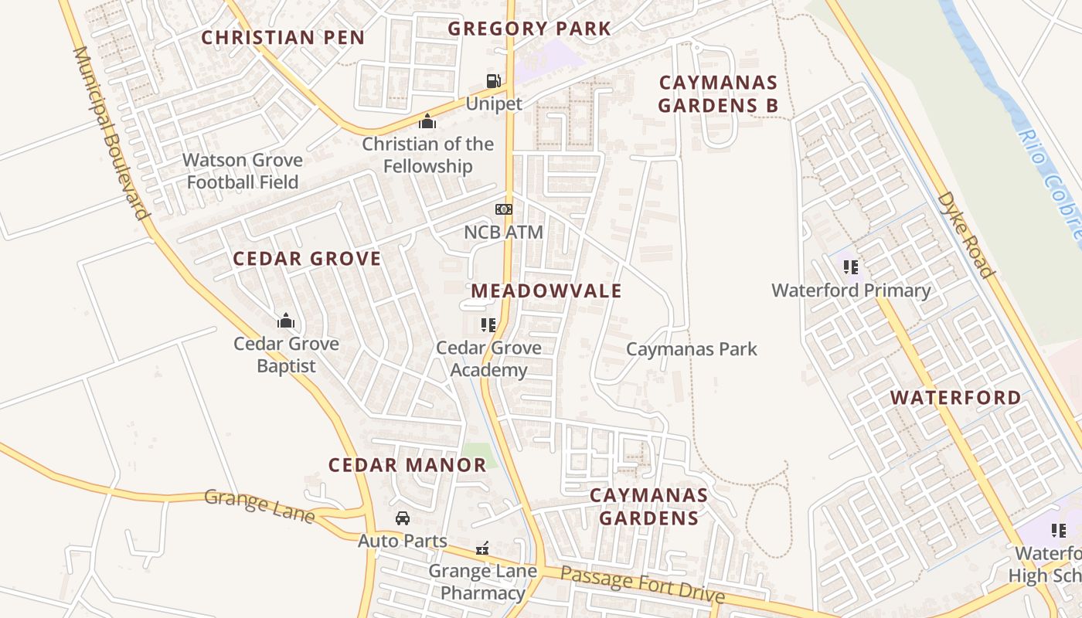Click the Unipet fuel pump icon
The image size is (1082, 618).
[492, 80]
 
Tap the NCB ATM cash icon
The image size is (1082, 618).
[503, 209]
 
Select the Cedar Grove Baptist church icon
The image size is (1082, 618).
[286, 320]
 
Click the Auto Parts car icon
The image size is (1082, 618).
[402, 518]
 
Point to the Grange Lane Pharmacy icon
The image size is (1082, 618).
[482, 548]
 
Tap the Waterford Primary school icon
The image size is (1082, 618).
[851, 267]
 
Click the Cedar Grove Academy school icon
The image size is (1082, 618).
[488, 324]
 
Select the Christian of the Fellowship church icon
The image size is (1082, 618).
[427, 121]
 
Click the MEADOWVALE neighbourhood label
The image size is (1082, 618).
[546, 290]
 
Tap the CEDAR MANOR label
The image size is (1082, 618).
[407, 465]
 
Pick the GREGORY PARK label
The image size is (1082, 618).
[529, 29]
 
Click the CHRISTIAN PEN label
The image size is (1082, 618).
[283, 37]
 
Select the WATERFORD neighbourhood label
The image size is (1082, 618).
[955, 398]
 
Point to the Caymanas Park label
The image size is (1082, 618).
[691, 349]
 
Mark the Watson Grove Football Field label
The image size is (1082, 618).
[243, 171]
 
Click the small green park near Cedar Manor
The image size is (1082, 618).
[480, 455]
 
